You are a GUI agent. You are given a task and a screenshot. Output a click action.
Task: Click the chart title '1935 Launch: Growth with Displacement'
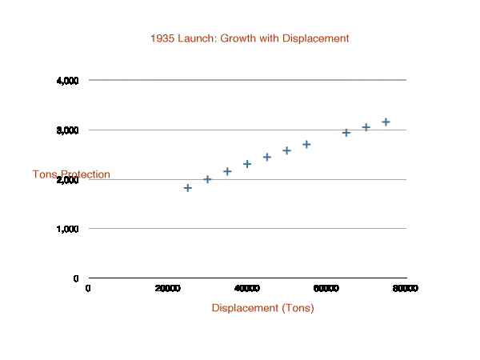point(250,38)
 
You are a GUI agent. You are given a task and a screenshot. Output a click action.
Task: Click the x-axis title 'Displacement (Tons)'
point(262,308)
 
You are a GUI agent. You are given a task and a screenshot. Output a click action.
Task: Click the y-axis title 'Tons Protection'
point(71,174)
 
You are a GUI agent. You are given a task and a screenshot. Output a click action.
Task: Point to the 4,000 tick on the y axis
point(67,81)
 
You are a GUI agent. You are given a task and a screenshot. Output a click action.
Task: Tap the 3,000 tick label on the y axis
point(67,130)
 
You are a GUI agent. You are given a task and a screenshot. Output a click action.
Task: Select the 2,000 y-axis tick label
point(67,180)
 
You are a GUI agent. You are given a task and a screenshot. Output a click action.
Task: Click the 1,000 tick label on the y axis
point(67,229)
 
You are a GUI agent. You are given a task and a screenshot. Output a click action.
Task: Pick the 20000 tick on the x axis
point(167,288)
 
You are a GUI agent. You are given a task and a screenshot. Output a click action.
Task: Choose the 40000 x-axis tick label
point(246,288)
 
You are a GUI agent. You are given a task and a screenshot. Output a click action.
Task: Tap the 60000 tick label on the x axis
point(326,288)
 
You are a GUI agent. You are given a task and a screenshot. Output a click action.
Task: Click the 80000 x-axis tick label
point(406,288)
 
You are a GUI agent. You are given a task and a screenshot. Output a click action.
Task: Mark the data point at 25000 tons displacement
point(188,188)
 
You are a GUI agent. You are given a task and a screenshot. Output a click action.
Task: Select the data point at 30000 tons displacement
point(207,179)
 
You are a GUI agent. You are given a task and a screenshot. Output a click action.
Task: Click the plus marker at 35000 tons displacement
point(227,171)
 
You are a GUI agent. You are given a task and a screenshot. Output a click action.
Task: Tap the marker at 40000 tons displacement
point(247,164)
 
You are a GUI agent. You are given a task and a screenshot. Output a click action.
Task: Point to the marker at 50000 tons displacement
point(286,150)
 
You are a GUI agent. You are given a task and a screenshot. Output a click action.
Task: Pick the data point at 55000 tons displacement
point(306,145)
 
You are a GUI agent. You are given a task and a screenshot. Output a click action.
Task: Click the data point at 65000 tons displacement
point(346,133)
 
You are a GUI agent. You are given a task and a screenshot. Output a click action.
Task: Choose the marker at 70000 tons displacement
point(366,127)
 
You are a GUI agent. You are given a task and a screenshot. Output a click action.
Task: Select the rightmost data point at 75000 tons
point(386,122)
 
